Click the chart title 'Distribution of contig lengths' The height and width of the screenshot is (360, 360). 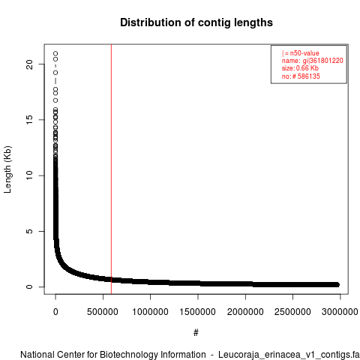click(196, 22)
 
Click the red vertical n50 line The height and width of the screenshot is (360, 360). click(111, 169)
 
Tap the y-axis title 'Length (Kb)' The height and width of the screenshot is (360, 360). click(7, 169)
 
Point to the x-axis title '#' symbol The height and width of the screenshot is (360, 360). click(196, 332)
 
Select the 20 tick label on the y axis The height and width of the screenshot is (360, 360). click(29, 64)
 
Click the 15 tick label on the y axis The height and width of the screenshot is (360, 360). click(29, 120)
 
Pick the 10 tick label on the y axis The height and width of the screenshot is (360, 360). click(29, 175)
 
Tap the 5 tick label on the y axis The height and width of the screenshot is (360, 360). click(29, 231)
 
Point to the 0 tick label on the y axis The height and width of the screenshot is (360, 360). click(29, 286)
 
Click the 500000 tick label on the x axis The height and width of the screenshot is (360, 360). click(103, 312)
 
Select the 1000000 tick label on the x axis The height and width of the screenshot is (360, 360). click(150, 312)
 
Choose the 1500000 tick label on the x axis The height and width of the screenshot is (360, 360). click(198, 312)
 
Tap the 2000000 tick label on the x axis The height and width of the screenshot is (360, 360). click(245, 312)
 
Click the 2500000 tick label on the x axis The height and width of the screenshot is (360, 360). click(292, 312)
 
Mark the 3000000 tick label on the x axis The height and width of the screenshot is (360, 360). click(340, 312)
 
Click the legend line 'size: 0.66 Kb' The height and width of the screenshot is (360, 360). click(300, 68)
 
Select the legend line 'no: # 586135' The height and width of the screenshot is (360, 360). click(301, 76)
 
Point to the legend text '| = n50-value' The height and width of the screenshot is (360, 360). click(300, 53)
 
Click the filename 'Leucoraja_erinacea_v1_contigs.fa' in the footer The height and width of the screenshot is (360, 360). click(289, 355)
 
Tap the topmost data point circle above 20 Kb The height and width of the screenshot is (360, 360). click(55, 53)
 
